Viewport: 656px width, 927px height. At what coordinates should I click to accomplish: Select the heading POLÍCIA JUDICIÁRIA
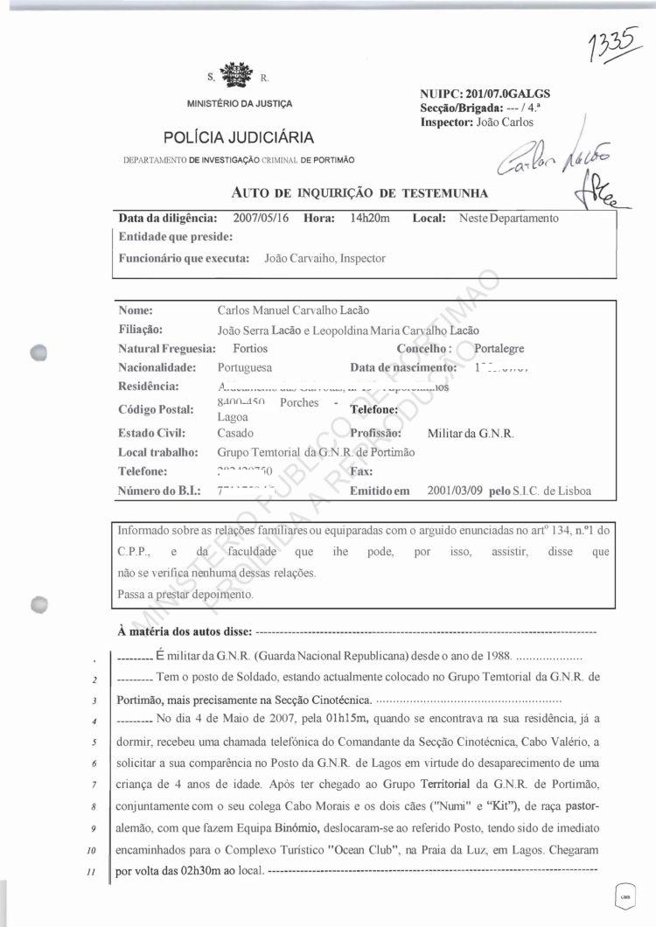click(x=238, y=137)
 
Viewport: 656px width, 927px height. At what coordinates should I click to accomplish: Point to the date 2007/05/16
click(x=265, y=218)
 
